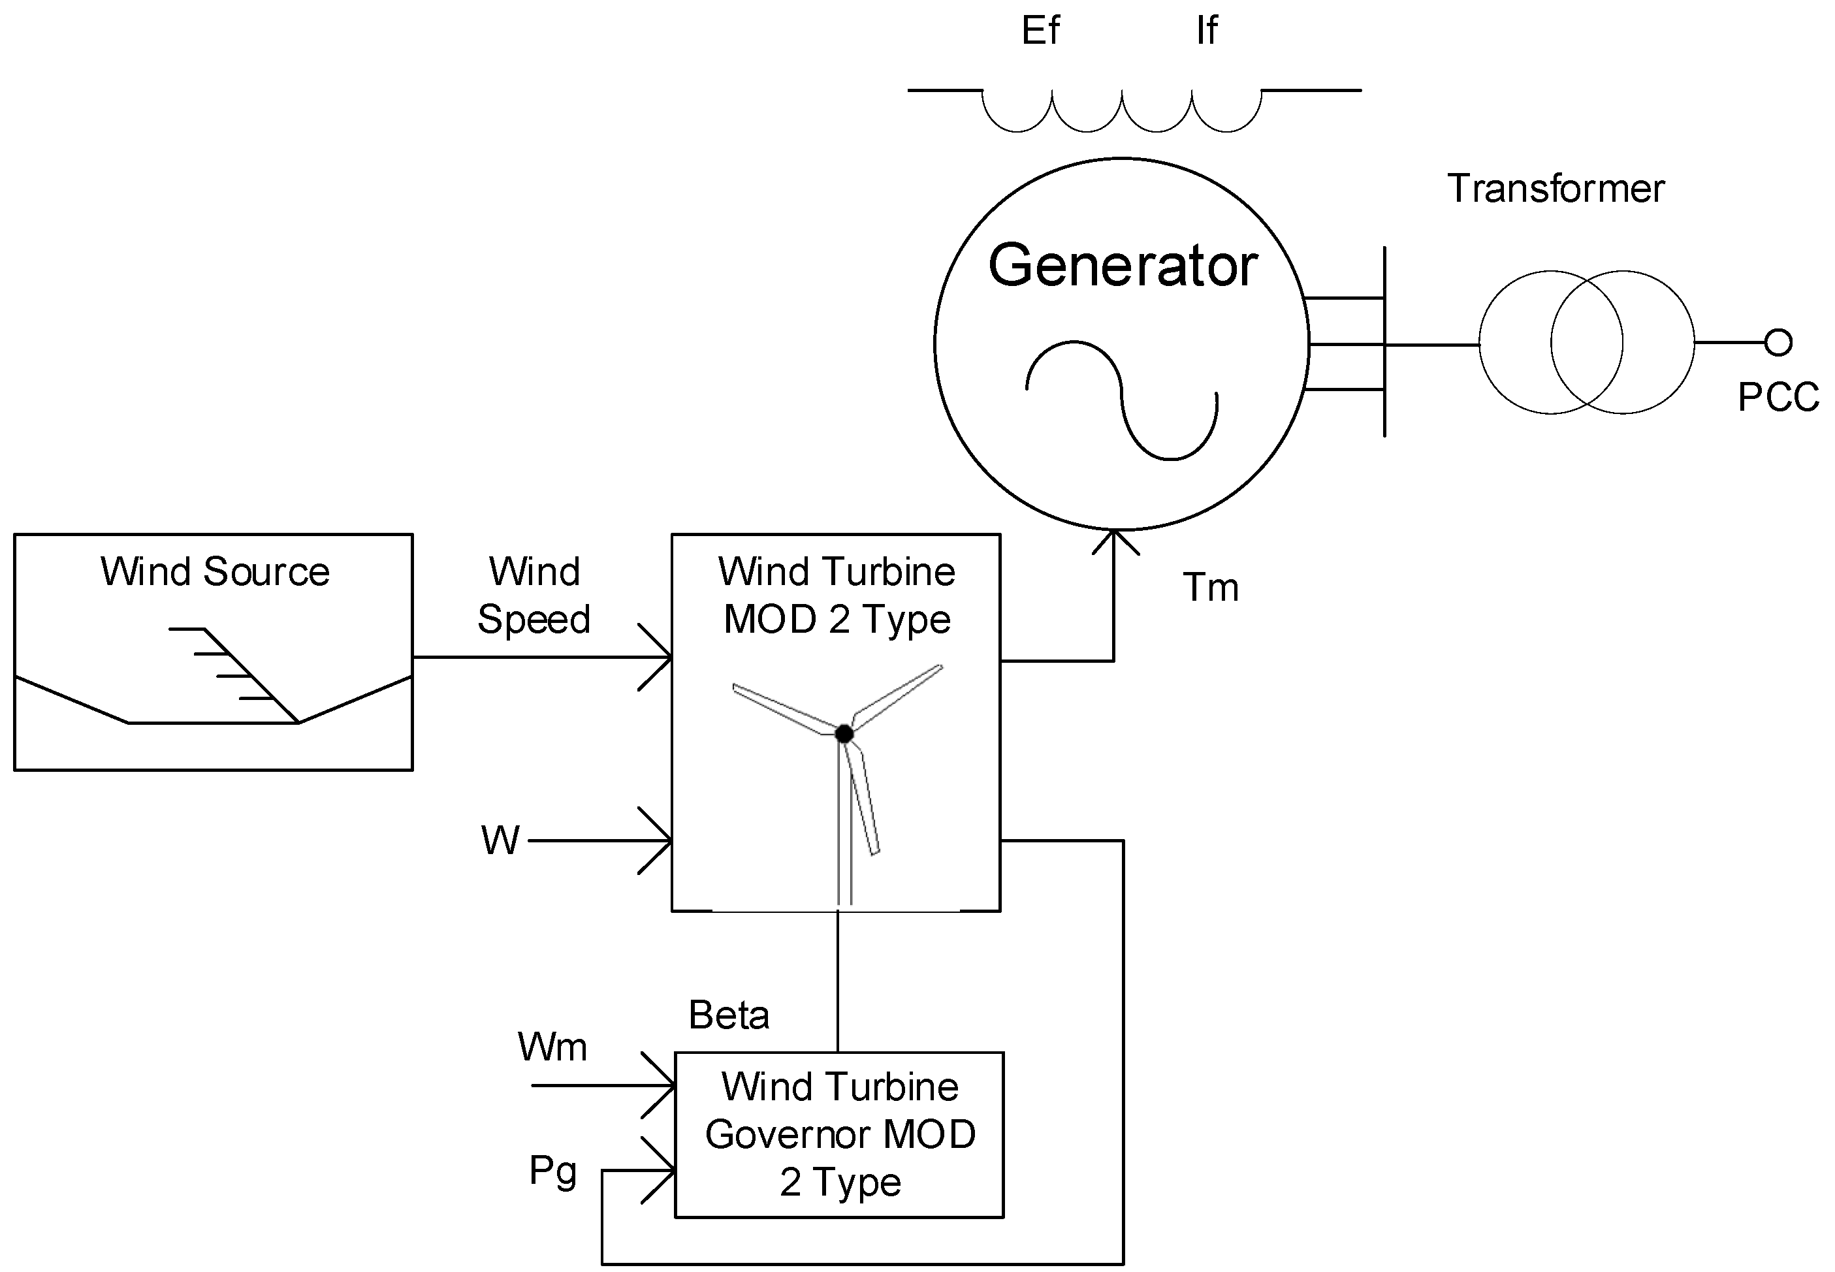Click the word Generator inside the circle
[1123, 265]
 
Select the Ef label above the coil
[1040, 30]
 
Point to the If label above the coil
[1207, 30]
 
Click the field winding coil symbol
[1123, 111]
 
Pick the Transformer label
[1556, 189]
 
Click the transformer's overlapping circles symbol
[1586, 342]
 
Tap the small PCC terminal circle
[1778, 342]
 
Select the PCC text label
[1778, 397]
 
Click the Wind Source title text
[214, 571]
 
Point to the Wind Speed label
[534, 596]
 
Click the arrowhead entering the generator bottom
[1115, 541]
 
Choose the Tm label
[1211, 588]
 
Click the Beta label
[729, 1015]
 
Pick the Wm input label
[552, 1047]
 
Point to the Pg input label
[553, 1171]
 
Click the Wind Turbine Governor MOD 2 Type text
[840, 1135]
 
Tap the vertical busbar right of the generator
[1384, 342]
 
